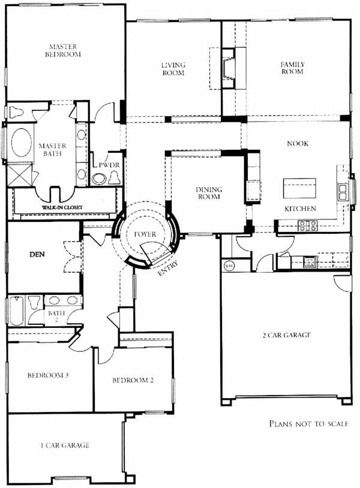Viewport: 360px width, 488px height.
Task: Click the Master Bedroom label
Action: click(63, 50)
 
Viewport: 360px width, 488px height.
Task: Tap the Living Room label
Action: click(173, 69)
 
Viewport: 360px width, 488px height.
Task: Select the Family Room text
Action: click(292, 68)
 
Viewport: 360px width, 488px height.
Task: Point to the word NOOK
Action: click(298, 143)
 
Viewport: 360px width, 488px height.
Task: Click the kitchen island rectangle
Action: click(299, 188)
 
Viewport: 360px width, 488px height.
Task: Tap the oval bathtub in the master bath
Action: click(21, 142)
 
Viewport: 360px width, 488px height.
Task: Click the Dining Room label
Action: click(209, 193)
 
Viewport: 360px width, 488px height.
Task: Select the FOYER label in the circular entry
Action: click(145, 234)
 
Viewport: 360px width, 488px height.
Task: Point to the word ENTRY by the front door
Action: click(168, 268)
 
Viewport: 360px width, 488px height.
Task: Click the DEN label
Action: click(37, 255)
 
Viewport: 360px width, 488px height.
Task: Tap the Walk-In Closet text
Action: click(62, 207)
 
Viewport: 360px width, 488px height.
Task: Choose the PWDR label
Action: click(109, 165)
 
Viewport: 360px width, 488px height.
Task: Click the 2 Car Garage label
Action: click(286, 335)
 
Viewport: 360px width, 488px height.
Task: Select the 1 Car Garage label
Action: click(65, 445)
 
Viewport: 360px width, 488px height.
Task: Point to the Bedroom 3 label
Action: click(48, 375)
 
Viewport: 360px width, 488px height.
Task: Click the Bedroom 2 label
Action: click(133, 380)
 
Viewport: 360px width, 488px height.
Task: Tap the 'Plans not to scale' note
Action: click(308, 424)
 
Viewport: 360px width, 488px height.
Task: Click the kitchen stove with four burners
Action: click(307, 225)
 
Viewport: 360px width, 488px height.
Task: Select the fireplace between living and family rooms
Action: click(228, 68)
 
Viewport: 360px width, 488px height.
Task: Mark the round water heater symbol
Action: click(229, 266)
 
